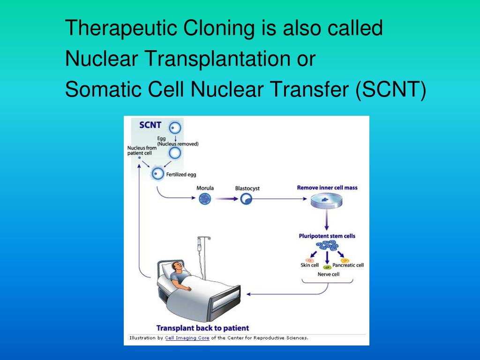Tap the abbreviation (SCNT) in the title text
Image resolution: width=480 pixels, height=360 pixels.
(x=391, y=89)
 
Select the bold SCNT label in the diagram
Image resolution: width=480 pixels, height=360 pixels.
(x=150, y=125)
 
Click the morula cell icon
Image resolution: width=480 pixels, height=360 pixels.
(x=205, y=199)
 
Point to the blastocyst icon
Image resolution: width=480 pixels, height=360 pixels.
(x=246, y=199)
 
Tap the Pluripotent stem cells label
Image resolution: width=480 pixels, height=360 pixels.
(x=327, y=236)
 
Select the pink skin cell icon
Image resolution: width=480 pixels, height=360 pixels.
(x=309, y=260)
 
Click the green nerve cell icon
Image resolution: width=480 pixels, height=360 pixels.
(x=327, y=267)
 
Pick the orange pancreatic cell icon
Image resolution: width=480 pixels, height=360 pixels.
(x=345, y=260)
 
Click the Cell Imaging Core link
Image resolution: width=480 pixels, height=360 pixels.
(x=187, y=337)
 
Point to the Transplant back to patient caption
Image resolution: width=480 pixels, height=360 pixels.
(x=202, y=328)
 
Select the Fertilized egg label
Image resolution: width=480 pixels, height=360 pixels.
(x=181, y=175)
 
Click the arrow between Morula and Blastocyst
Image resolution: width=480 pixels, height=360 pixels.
(x=225, y=199)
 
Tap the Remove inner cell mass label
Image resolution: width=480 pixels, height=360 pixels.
(x=327, y=188)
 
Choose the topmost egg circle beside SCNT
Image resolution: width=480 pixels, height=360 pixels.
(x=175, y=127)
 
